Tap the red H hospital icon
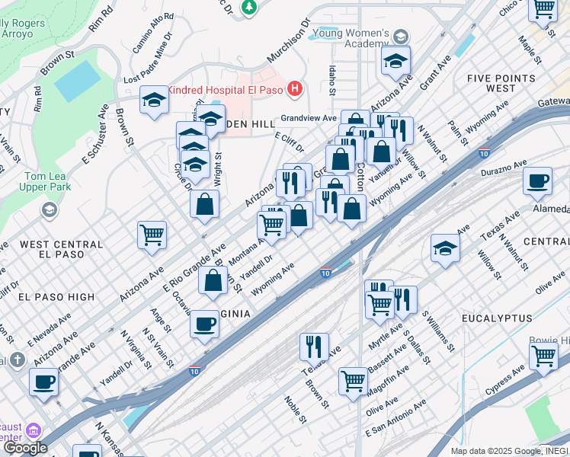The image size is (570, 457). tap(295, 90)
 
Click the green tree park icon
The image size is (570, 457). tap(248, 8)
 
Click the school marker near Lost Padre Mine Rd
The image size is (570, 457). tap(154, 101)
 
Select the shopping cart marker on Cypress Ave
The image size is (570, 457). tap(543, 355)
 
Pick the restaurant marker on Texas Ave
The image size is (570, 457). tap(314, 347)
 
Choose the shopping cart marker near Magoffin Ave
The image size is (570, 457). tap(353, 380)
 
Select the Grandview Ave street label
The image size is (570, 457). tap(308, 118)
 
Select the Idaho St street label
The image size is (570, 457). tap(331, 79)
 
